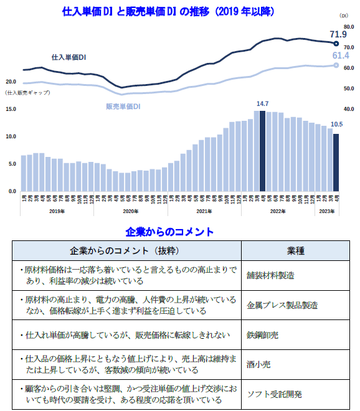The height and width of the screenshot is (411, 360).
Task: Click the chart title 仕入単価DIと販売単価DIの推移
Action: click(168, 12)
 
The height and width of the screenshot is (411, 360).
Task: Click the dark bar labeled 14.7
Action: click(262, 151)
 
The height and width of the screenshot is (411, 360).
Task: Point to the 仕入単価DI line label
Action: click(69, 57)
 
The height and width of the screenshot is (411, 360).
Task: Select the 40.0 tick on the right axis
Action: click(349, 108)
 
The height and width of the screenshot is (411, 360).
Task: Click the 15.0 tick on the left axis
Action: click(11, 109)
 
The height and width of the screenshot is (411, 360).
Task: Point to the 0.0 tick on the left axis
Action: click(12, 191)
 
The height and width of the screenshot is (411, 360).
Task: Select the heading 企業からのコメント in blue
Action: click(169, 232)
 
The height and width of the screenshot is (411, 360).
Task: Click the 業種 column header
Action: click(295, 250)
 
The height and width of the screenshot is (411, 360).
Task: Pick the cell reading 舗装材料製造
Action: click(270, 275)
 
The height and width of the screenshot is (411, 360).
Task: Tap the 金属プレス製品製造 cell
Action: click(282, 305)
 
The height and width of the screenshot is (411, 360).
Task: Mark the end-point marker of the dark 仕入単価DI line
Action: click(336, 44)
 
